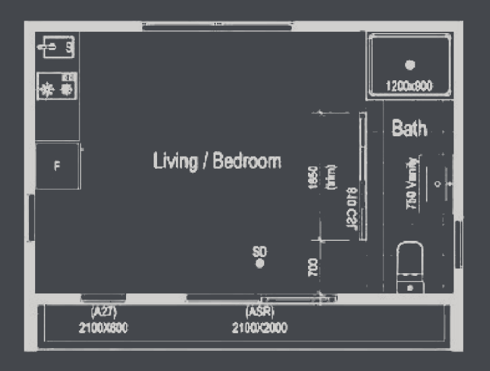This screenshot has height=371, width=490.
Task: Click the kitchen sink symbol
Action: tap(57, 47)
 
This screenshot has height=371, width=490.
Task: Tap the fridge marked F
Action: tap(57, 166)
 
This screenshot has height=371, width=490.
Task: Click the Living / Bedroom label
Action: tap(217, 162)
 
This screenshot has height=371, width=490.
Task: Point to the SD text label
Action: tap(259, 251)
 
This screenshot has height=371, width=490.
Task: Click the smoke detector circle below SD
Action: tap(259, 264)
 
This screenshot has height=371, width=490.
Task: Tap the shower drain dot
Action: tap(410, 65)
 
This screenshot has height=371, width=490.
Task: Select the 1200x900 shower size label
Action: tap(409, 86)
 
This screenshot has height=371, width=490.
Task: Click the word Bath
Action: tap(410, 129)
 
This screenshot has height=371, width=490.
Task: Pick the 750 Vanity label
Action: tap(411, 184)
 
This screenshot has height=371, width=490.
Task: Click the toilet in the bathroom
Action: tap(410, 268)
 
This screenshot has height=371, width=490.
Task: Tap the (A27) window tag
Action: tap(104, 312)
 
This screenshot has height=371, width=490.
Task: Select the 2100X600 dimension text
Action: tap(104, 328)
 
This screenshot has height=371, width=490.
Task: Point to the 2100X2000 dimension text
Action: tap(259, 328)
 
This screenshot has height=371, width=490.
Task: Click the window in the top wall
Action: tap(217, 26)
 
